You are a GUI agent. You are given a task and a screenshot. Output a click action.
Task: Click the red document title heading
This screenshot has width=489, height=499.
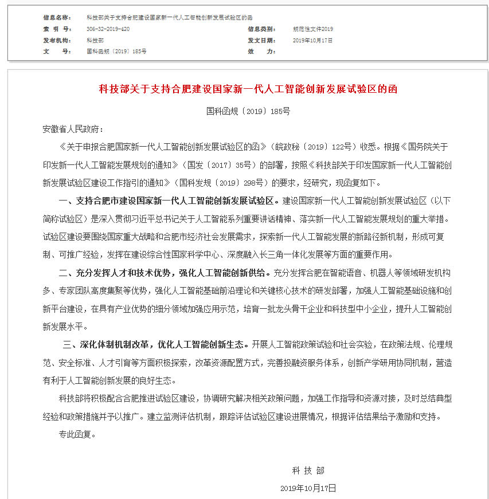(x=248, y=89)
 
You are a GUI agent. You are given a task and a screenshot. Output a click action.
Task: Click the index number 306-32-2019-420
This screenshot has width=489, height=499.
(x=108, y=29)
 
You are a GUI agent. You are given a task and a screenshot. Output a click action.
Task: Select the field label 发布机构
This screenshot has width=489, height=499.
(x=57, y=40)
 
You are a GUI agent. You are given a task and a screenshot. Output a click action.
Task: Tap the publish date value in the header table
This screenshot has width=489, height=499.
(x=312, y=40)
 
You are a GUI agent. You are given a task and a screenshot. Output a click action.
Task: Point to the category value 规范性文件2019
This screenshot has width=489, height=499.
(x=312, y=29)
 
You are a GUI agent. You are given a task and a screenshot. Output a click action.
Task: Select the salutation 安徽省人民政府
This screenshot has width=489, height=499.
(x=73, y=129)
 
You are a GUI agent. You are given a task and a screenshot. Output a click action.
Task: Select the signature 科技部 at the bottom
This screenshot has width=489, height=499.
(x=308, y=470)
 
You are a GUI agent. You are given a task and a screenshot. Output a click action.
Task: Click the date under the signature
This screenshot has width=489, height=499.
(x=308, y=488)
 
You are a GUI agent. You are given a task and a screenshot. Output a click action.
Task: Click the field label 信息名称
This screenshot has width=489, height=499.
(x=57, y=18)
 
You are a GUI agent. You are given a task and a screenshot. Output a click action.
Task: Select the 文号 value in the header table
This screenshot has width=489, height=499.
(x=116, y=51)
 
